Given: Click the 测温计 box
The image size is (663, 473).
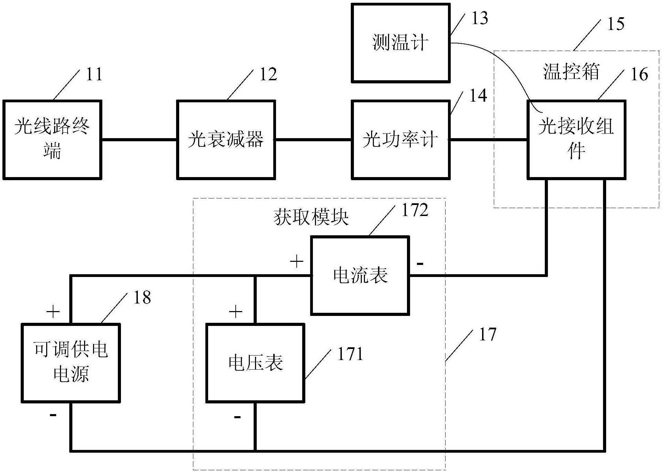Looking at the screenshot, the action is coord(400,43).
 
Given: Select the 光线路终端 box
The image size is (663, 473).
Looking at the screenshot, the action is coord(52,140).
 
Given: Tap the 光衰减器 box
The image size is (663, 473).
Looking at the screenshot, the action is coord(226,140).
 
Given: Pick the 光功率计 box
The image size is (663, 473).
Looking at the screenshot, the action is coord(400,140).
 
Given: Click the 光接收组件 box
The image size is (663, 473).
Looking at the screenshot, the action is coord(576,140).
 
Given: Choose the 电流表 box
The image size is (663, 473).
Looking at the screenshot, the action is coord(360,275).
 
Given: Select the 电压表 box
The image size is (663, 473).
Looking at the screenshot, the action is coord(255,363).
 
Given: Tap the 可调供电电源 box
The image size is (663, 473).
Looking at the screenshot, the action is coord(71,363).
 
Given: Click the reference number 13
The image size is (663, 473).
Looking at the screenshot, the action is coord(479,18).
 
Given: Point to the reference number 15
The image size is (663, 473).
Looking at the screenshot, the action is coord(615,24).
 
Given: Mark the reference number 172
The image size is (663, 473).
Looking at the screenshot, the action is coord(415,210).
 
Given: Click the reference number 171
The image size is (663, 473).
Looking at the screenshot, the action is coord(350,354).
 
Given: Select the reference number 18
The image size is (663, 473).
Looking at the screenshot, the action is coord(142,297).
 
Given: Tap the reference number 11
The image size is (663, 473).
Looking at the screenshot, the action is coord(94,74).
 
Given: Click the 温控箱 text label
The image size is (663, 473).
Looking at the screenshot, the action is coord(571,72).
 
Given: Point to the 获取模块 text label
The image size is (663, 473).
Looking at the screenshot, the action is coord(311,217).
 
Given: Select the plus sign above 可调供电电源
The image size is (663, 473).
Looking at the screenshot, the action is coord(53,312).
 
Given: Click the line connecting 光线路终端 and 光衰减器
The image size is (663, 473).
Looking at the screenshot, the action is coord(139,140).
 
